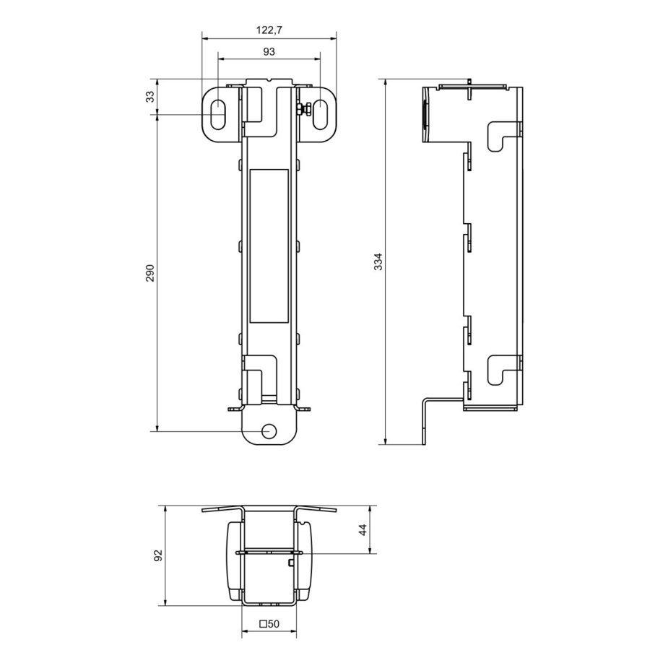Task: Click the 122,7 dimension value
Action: click(269, 30)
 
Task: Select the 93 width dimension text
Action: click(269, 52)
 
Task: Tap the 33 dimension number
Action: click(150, 96)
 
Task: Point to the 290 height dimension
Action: click(150, 273)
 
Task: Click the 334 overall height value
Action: click(378, 261)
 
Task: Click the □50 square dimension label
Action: click(269, 623)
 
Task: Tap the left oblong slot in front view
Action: click(217, 113)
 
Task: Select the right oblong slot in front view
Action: click(320, 113)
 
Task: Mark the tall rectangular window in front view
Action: click(269, 246)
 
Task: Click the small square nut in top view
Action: click(290, 562)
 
